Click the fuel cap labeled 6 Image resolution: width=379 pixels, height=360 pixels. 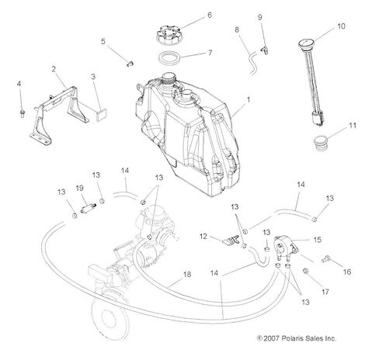click(169, 36)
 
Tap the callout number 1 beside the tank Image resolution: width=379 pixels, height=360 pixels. click(249, 99)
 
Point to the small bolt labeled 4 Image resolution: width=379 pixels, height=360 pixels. click(23, 113)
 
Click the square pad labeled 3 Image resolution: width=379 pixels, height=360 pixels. click(102, 115)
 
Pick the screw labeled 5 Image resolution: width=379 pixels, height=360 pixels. click(130, 64)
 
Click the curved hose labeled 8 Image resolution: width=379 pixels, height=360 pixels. click(252, 63)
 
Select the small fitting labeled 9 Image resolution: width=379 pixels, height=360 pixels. click(264, 50)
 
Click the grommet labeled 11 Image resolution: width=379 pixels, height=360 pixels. click(321, 142)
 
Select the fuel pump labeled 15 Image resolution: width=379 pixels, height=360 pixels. click(285, 247)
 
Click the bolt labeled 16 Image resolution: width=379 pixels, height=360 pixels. click(325, 258)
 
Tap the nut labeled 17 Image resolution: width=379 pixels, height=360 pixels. click(305, 271)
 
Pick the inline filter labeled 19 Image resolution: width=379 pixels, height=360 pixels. click(88, 208)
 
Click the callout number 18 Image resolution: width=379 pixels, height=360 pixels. click(187, 275)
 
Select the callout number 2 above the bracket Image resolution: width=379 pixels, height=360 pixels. click(54, 69)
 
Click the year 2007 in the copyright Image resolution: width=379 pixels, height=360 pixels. click(271, 338)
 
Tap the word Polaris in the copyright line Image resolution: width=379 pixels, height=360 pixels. click(291, 338)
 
